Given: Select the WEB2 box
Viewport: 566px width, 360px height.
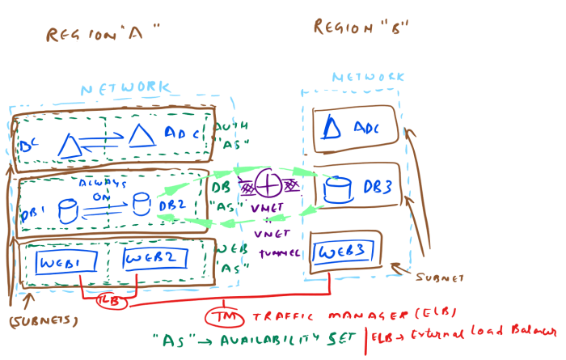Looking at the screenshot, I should (x=154, y=259).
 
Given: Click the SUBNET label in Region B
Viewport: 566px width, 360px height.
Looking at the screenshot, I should (x=440, y=277).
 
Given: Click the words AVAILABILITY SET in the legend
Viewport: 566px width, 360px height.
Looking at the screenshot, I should (x=291, y=337).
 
